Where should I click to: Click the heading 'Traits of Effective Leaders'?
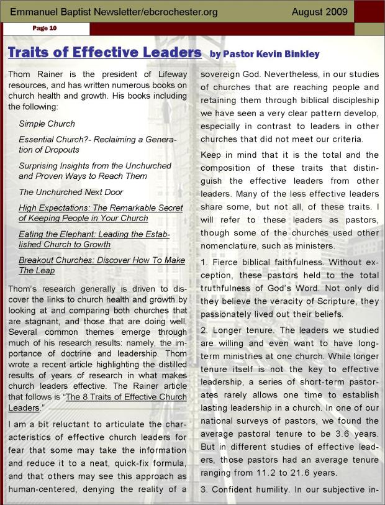104,52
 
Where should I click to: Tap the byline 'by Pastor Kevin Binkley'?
265,54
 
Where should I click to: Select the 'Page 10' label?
45,29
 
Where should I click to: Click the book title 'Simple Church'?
47,124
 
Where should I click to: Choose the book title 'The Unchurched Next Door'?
71,192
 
